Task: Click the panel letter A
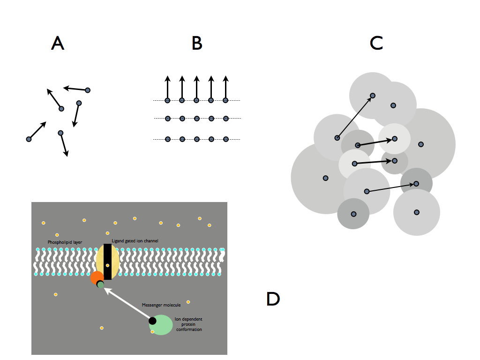57,43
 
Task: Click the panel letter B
197,43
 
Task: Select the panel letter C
376,43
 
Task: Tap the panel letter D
273,299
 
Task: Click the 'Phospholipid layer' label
65,242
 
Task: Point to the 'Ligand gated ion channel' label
135,241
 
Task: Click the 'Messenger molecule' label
161,305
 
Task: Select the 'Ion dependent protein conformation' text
188,324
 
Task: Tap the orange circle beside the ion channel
97,277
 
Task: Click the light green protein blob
162,325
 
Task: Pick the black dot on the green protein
152,321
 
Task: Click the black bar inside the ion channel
107,262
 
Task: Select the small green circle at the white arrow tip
100,284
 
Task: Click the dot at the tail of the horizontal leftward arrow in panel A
88,90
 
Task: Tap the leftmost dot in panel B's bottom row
167,139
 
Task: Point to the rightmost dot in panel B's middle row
225,119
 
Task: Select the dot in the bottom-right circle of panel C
416,212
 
